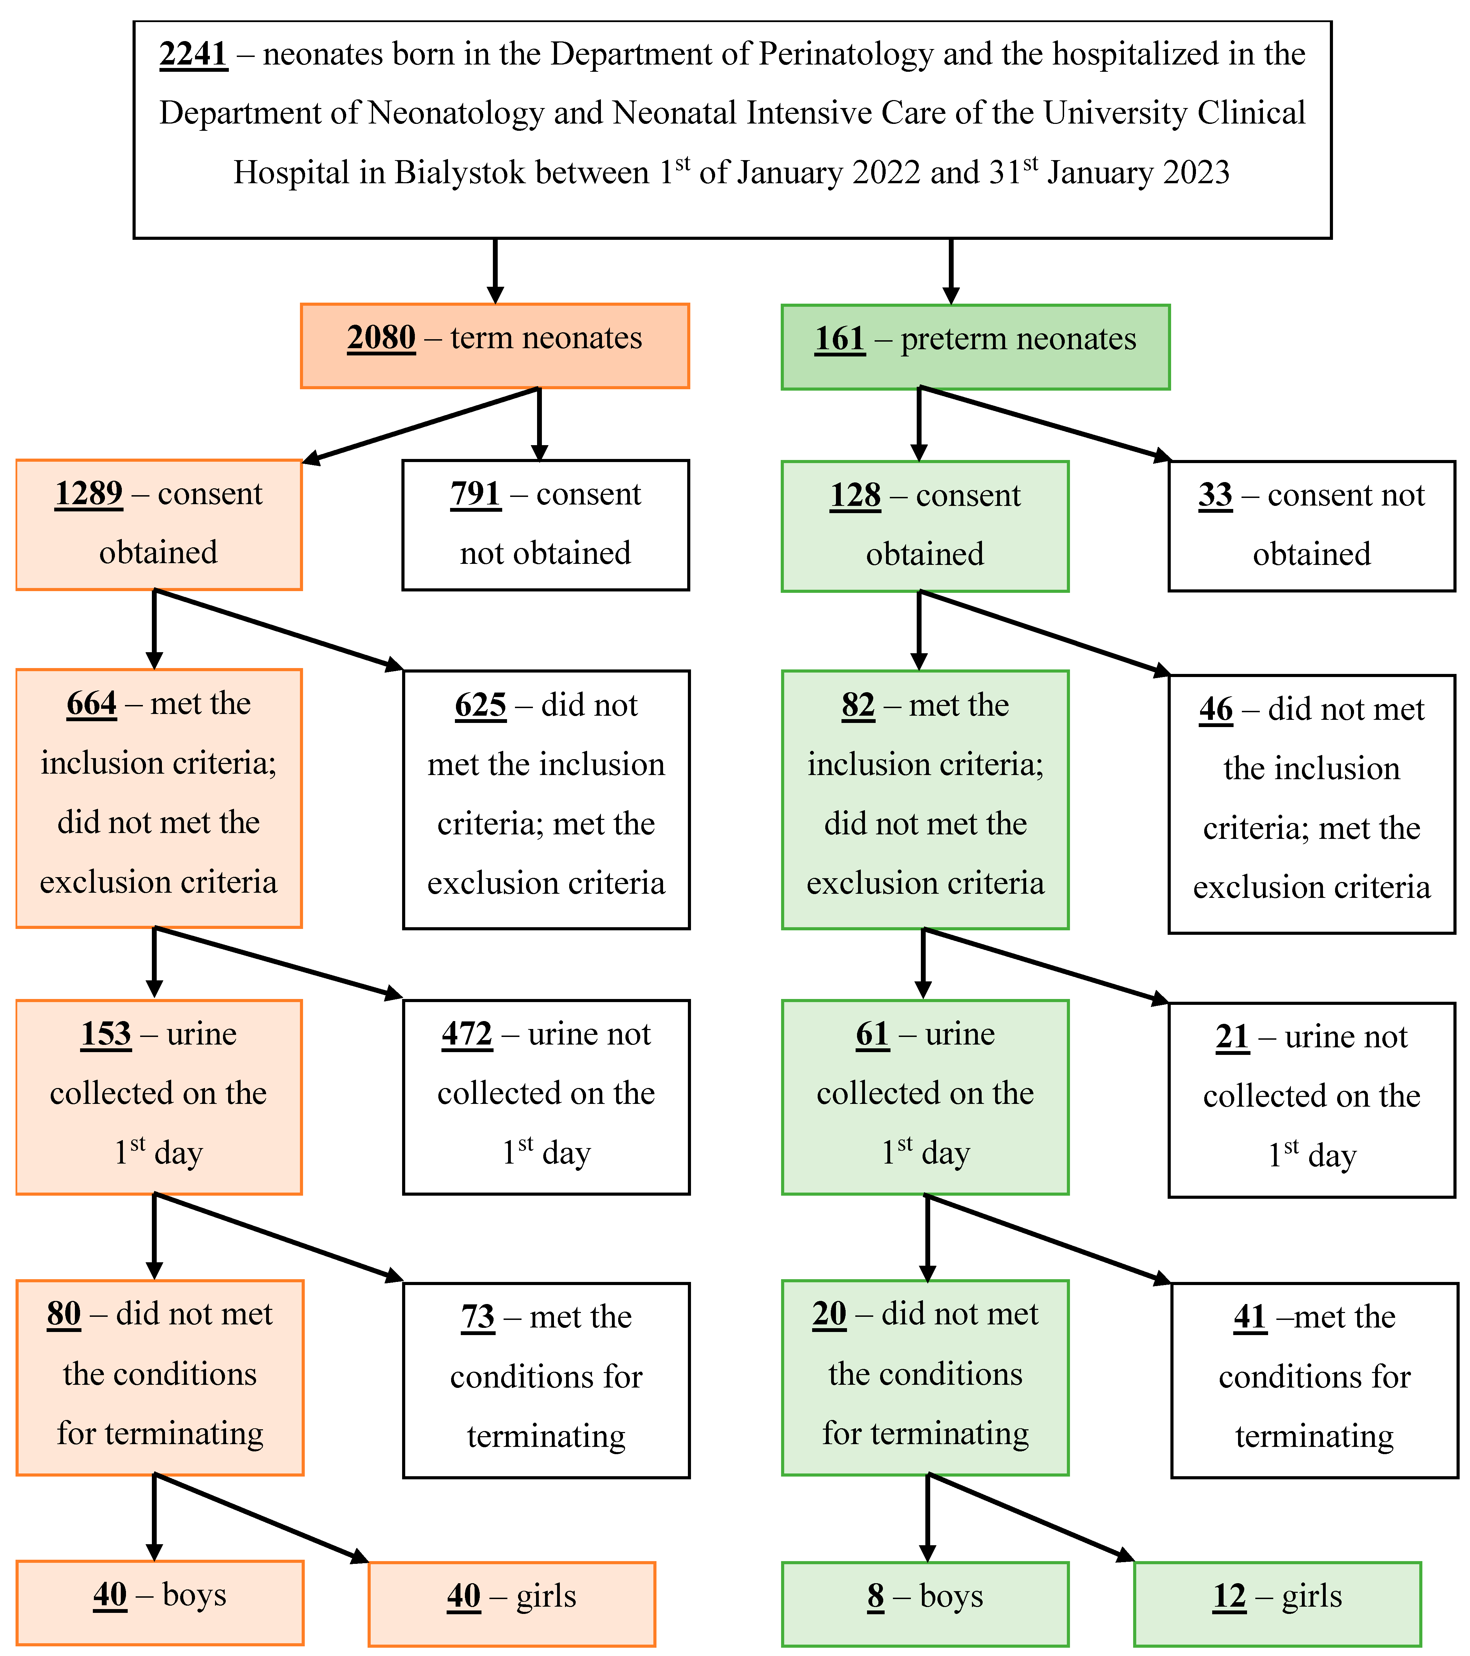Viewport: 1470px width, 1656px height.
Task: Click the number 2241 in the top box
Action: click(x=193, y=54)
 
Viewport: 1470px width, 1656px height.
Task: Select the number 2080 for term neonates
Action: click(x=381, y=338)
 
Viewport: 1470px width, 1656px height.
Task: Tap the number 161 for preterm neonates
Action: click(x=839, y=339)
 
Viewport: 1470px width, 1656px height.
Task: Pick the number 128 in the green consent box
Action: click(x=855, y=495)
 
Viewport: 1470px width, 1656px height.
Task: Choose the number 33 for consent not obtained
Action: click(x=1215, y=495)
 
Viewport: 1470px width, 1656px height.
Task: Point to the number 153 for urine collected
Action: click(x=105, y=1034)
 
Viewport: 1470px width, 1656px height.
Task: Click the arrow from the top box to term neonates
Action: click(x=495, y=272)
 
